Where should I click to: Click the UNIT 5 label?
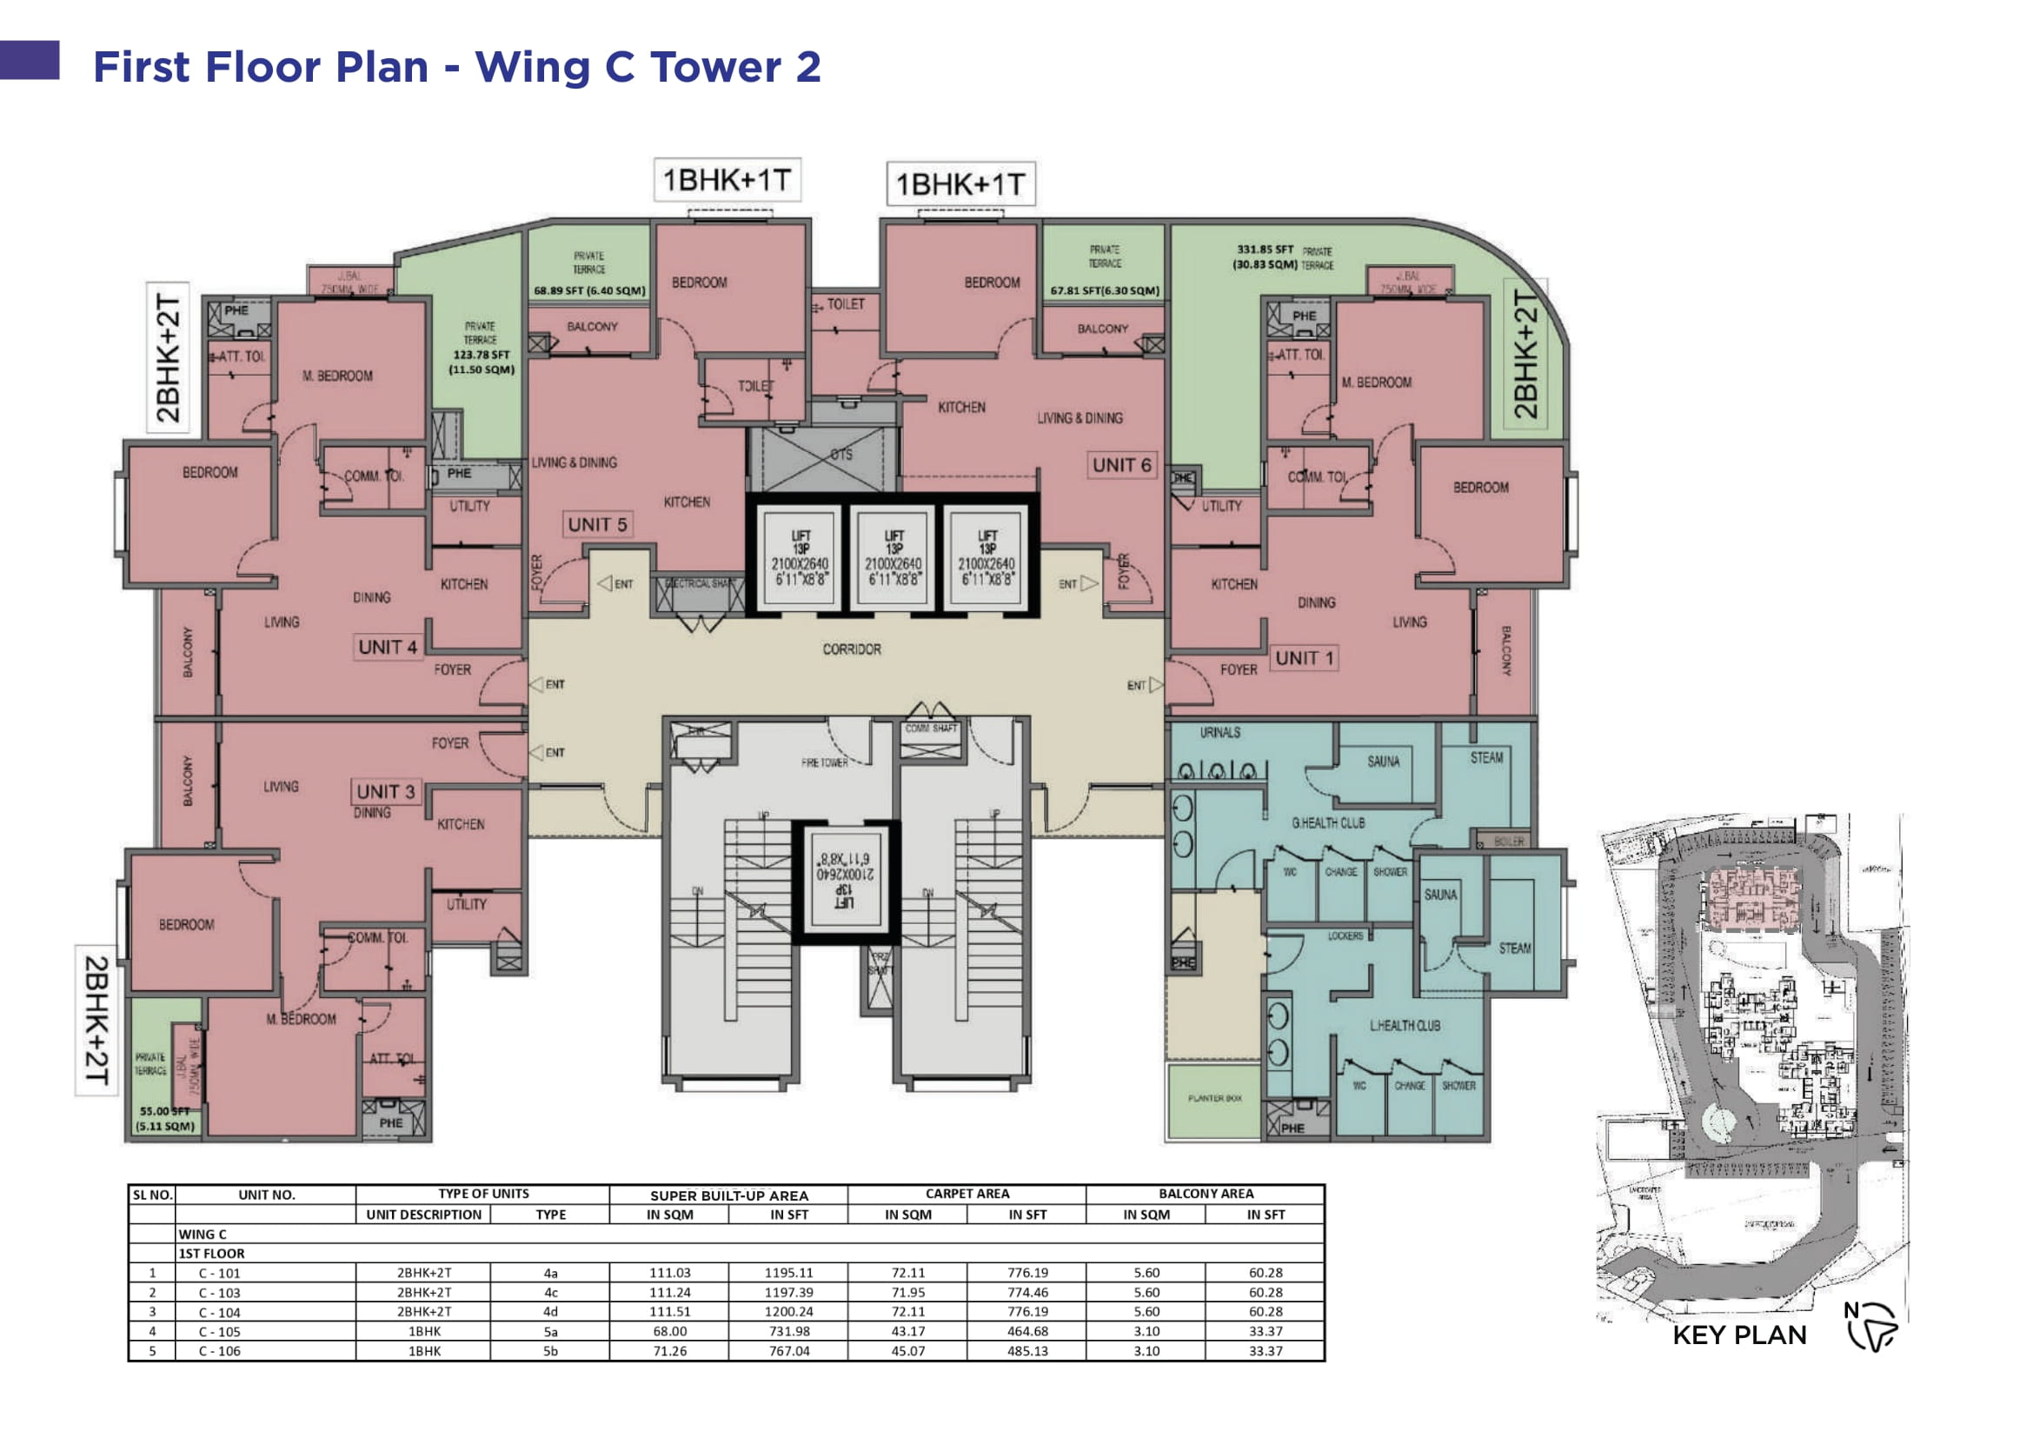597,525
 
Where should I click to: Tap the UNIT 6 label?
1121,466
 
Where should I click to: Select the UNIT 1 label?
1304,659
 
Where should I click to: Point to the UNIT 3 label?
385,793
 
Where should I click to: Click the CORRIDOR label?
852,650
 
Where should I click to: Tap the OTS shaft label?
841,455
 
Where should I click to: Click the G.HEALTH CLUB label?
1327,823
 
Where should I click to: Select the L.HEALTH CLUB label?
1405,1026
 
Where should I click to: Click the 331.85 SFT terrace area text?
1266,250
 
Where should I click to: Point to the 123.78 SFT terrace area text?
481,355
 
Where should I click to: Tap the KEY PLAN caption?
1739,1335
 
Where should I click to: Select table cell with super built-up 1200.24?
788,1312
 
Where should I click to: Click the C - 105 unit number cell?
220,1332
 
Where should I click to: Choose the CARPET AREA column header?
967,1195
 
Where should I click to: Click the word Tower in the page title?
715,67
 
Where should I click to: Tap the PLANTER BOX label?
1214,1098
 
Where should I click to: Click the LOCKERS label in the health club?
1345,936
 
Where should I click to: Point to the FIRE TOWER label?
824,762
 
